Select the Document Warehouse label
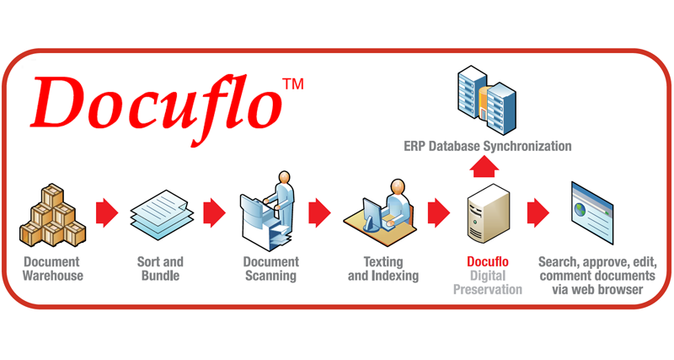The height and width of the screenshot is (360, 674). tap(53, 269)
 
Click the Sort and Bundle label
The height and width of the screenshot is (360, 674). tap(160, 269)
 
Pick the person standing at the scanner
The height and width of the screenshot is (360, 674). tap(283, 198)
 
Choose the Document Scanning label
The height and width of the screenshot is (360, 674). tap(270, 269)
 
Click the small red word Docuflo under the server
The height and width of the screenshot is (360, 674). tap(488, 262)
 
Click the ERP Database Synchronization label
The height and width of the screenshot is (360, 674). tap(488, 147)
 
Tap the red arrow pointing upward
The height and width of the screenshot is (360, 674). tap(488, 168)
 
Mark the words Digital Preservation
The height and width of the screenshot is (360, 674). tap(488, 282)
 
